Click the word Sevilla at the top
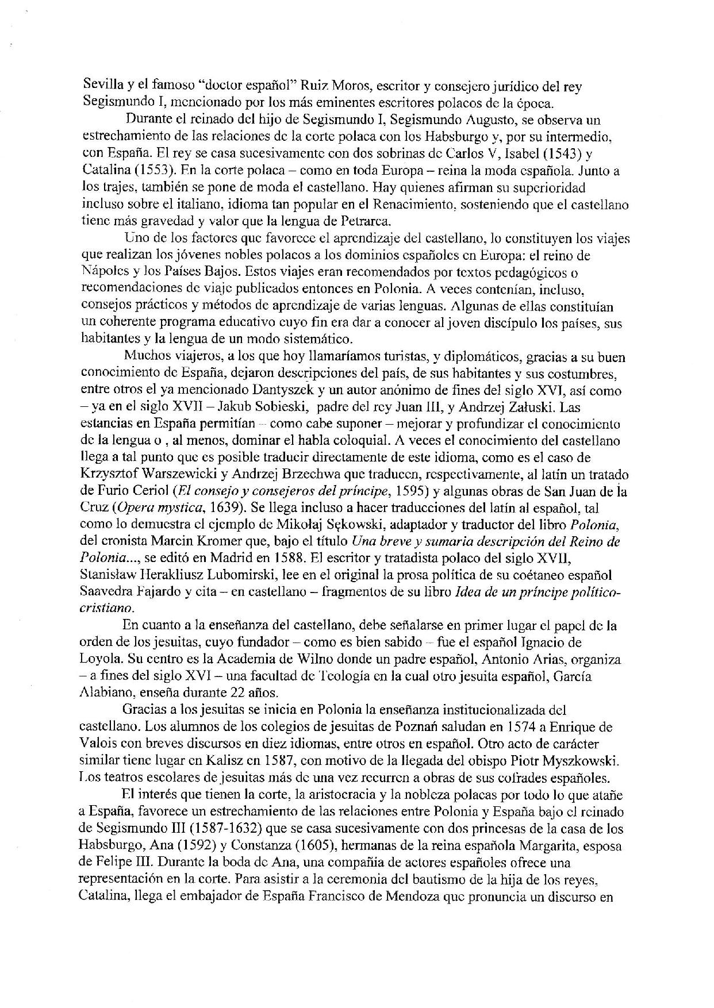(99, 87)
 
